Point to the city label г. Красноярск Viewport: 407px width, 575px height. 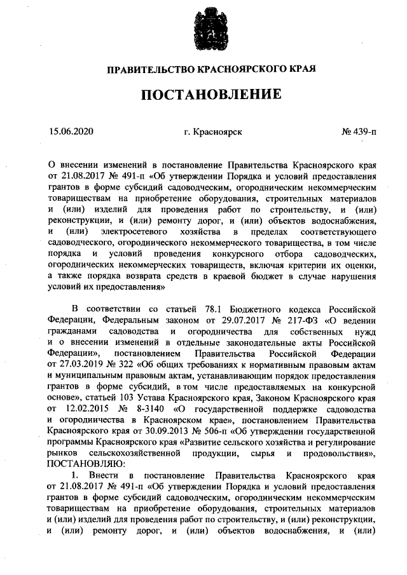click(212, 132)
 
